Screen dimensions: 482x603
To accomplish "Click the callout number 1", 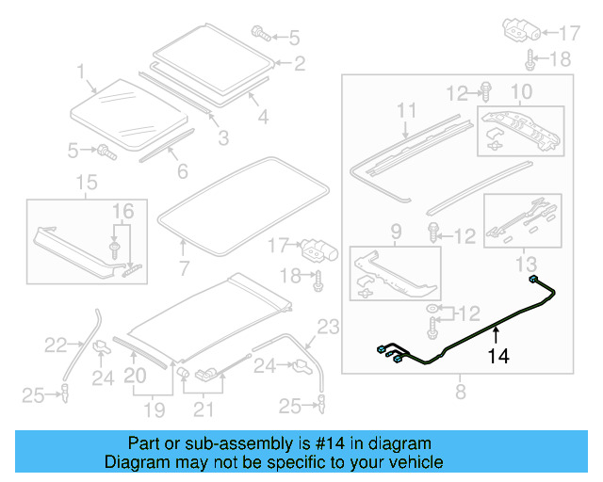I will pyautogui.click(x=81, y=72).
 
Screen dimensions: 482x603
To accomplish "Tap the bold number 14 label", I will pyautogui.click(x=497, y=356).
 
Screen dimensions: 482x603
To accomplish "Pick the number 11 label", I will pyautogui.click(x=406, y=111).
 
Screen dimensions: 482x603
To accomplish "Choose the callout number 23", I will pyautogui.click(x=326, y=328).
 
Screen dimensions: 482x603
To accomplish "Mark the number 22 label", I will pyautogui.click(x=57, y=345).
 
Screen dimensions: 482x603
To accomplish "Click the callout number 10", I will pyautogui.click(x=522, y=91).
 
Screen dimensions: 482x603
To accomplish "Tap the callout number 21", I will pyautogui.click(x=204, y=410).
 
